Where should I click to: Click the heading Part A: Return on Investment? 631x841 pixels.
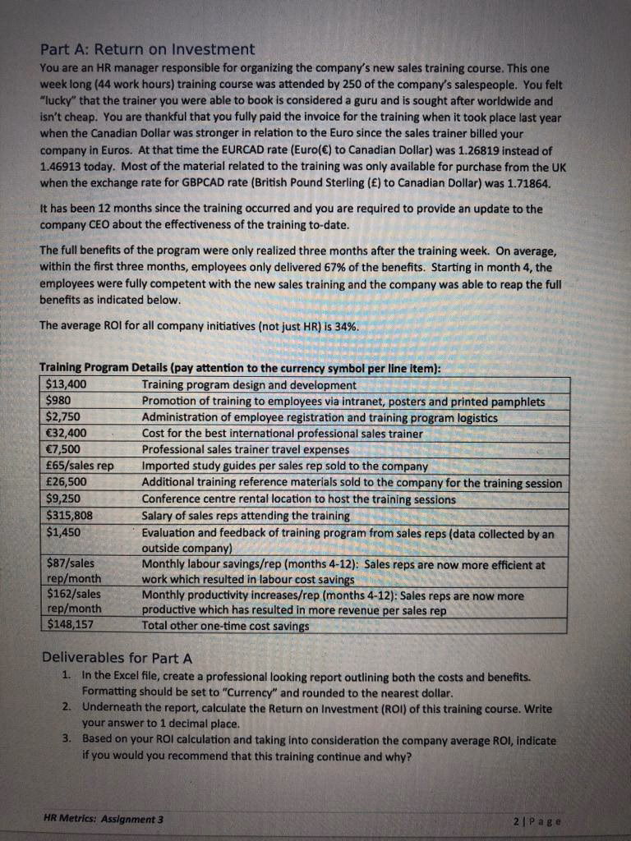pos(147,49)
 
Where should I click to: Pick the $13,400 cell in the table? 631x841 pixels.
pos(71,384)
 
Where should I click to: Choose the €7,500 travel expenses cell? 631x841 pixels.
pos(66,449)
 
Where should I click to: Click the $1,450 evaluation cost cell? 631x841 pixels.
pos(66,531)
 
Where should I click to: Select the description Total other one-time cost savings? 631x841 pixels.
pos(226,626)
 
